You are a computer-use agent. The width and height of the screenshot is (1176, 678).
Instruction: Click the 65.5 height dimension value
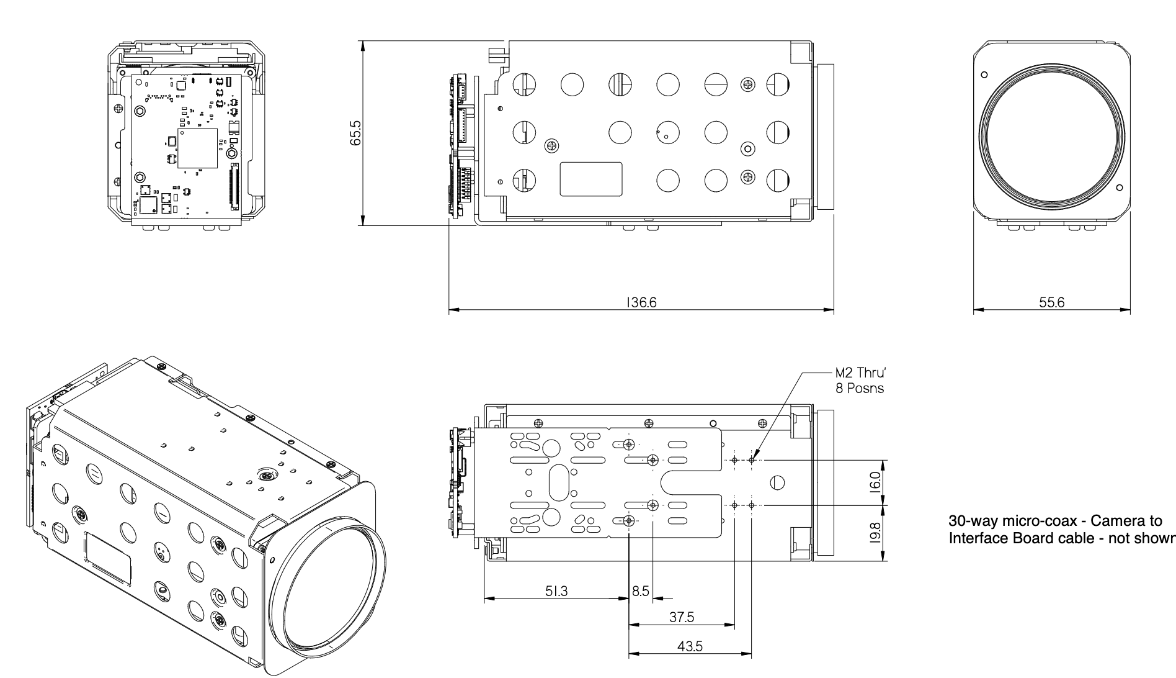(x=355, y=133)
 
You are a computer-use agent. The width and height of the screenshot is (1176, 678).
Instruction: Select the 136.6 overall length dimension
(x=641, y=302)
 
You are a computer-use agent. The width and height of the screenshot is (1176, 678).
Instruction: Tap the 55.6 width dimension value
(x=1051, y=302)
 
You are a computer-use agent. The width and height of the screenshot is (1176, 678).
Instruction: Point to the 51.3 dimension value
(x=556, y=592)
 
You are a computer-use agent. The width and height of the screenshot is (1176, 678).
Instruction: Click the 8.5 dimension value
(x=641, y=591)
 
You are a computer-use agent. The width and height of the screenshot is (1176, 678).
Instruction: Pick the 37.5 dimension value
(x=682, y=617)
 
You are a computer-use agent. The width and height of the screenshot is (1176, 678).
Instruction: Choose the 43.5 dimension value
(x=690, y=646)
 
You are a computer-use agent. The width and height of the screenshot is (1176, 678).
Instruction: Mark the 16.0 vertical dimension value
(x=875, y=482)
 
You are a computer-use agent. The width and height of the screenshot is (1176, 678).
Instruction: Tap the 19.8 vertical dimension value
(x=875, y=533)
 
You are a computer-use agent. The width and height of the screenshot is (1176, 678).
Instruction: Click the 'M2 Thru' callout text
(x=860, y=373)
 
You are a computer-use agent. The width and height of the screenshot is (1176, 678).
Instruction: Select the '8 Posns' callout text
(x=860, y=389)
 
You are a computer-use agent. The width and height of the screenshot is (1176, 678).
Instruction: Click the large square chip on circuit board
(x=198, y=148)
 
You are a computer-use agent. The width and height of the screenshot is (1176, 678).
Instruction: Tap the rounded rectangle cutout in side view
(x=590, y=179)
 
